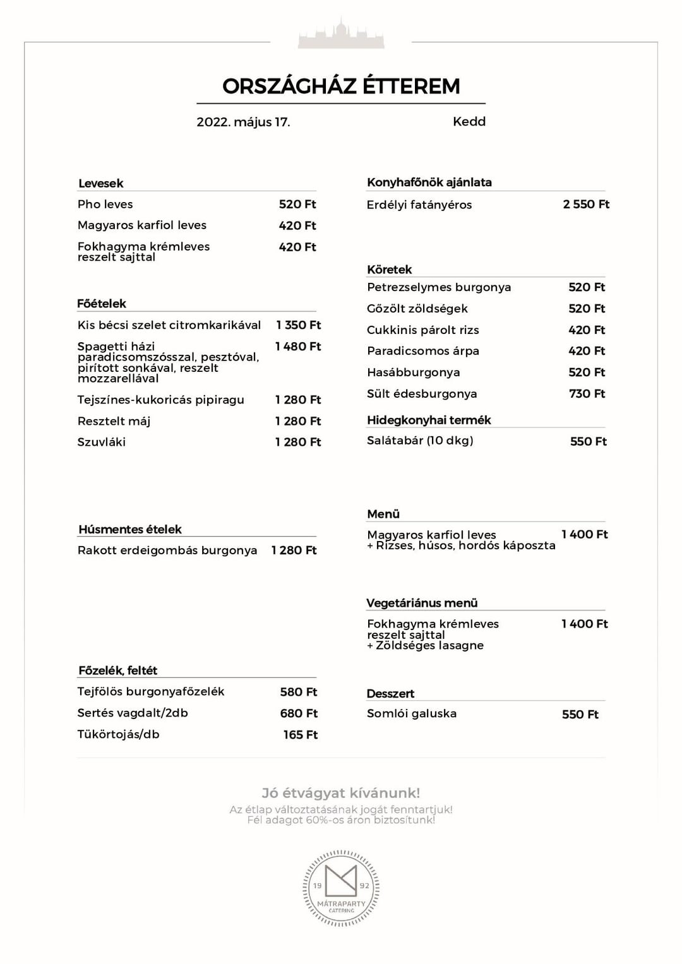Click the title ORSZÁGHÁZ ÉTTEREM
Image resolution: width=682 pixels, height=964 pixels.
(341, 86)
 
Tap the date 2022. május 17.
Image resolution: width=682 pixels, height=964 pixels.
(243, 122)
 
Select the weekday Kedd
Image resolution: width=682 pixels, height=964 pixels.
(469, 121)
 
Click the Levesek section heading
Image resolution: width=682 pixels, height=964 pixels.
(101, 183)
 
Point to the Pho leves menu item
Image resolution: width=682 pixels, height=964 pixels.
(105, 204)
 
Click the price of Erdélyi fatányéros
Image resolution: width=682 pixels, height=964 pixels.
(586, 204)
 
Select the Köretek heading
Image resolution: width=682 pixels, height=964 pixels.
(389, 270)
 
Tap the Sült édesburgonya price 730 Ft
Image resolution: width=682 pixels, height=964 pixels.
(587, 393)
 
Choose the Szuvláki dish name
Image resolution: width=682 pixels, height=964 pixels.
(101, 442)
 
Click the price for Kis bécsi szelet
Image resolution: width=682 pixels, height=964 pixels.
(298, 324)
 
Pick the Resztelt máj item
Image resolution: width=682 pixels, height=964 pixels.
(114, 421)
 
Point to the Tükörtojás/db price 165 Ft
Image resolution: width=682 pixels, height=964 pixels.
(300, 734)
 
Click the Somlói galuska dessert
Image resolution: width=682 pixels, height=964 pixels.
(412, 713)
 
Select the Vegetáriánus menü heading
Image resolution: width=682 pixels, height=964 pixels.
(422, 603)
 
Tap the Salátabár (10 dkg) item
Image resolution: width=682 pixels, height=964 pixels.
(420, 440)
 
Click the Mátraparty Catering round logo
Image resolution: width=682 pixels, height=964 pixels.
(341, 888)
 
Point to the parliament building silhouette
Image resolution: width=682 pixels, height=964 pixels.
(341, 35)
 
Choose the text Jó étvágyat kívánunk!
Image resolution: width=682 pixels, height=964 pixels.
(341, 793)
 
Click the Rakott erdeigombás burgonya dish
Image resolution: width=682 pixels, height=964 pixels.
(167, 550)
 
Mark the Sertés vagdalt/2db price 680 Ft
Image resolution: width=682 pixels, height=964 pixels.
(299, 713)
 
